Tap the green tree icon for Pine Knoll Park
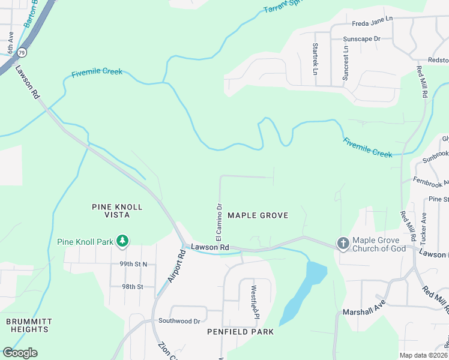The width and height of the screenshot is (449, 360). pyautogui.click(x=122, y=241)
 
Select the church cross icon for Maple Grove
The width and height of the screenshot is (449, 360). pyautogui.click(x=343, y=244)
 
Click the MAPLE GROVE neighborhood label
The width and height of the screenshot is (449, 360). pyautogui.click(x=258, y=215)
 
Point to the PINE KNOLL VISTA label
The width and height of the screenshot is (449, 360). pyautogui.click(x=117, y=211)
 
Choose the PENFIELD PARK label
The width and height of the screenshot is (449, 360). pyautogui.click(x=240, y=332)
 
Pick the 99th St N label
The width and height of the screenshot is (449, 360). pyautogui.click(x=133, y=264)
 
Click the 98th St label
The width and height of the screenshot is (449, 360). pyautogui.click(x=133, y=287)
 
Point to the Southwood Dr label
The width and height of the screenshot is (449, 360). pyautogui.click(x=179, y=321)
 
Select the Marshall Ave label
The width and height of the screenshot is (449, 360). pyautogui.click(x=363, y=312)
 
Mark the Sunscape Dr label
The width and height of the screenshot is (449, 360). pyautogui.click(x=361, y=38)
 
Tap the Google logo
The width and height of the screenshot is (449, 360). pyautogui.click(x=20, y=353)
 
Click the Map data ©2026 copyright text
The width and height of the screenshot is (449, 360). pyautogui.click(x=424, y=355)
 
